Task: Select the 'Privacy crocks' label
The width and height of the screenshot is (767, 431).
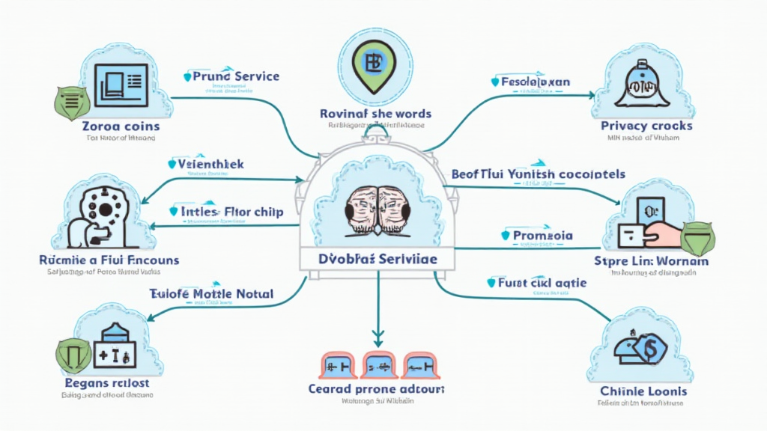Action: tap(646, 126)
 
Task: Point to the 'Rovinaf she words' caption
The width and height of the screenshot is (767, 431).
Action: tap(375, 114)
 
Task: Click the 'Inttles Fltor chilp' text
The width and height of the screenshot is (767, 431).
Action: tap(231, 212)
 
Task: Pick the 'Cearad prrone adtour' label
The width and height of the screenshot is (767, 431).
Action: tap(377, 389)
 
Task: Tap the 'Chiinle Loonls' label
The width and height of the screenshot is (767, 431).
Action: tap(643, 391)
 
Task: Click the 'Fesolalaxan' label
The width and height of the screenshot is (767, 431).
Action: tap(536, 81)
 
